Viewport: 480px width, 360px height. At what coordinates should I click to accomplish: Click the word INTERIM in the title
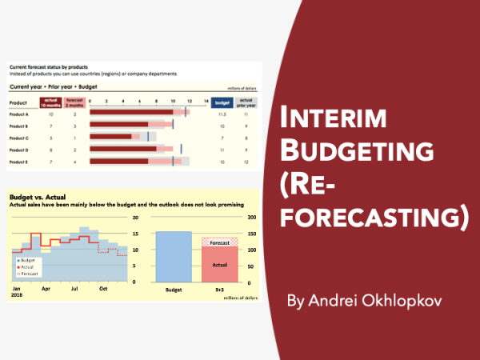330,119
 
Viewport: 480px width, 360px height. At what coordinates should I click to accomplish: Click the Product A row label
18,115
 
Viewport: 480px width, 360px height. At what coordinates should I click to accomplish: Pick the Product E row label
18,161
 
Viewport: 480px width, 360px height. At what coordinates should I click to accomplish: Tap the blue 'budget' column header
224,102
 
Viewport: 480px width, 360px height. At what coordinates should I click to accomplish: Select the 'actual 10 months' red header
50,102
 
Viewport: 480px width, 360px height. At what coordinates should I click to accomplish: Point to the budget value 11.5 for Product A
223,115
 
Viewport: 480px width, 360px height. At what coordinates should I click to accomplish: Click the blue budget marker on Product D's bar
182,149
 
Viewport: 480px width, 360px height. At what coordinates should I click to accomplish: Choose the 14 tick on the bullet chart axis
206,102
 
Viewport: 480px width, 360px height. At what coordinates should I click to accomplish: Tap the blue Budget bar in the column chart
173,257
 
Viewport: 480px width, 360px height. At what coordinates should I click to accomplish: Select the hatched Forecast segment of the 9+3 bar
219,242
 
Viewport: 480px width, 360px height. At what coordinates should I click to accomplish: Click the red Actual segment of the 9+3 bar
219,264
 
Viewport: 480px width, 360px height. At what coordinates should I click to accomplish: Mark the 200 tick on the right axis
252,218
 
